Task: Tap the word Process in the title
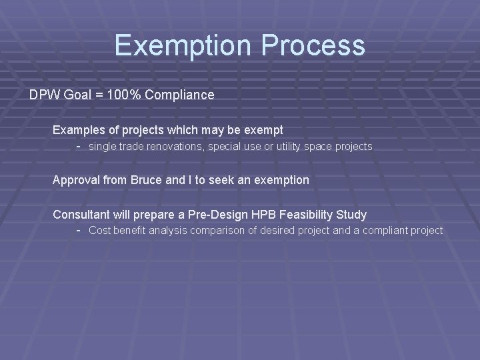pyautogui.click(x=313, y=46)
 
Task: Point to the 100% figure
pyautogui.click(x=126, y=95)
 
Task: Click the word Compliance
pyautogui.click(x=179, y=95)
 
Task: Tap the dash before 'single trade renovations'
pyautogui.click(x=79, y=145)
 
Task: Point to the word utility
pyautogui.click(x=292, y=146)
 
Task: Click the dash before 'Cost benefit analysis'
pyautogui.click(x=79, y=230)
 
